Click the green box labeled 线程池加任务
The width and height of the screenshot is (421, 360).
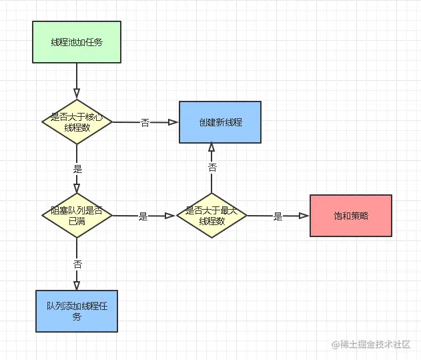[77, 42]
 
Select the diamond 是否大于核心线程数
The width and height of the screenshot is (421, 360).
[77, 122]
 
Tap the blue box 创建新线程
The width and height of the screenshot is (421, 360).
[220, 122]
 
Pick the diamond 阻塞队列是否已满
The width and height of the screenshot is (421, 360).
[77, 215]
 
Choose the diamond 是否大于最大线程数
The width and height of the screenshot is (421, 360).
[212, 215]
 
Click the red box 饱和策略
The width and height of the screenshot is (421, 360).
[350, 216]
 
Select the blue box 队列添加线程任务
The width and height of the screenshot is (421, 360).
[77, 311]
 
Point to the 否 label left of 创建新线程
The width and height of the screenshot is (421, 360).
[145, 122]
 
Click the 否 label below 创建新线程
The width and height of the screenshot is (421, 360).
[212, 167]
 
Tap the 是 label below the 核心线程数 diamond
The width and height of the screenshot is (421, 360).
[77, 169]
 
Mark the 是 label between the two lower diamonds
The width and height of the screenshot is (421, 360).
[143, 216]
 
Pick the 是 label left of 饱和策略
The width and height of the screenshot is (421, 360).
[278, 216]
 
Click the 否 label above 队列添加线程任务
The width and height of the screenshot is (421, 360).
[77, 264]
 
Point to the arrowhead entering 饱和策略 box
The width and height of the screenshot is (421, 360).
[304, 216]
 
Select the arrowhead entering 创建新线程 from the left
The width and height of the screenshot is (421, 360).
[173, 122]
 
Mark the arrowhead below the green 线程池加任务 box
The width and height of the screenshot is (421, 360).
[77, 93]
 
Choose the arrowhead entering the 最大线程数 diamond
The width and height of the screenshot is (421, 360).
[171, 216]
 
